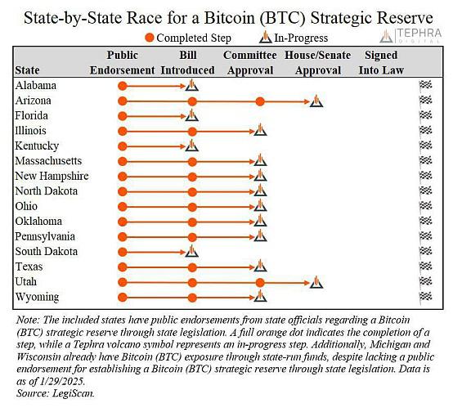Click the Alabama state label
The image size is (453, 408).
[36, 86]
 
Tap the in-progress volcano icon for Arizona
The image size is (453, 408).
[316, 101]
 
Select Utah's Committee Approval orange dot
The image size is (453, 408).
[260, 283]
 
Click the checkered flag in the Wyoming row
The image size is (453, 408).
[425, 297]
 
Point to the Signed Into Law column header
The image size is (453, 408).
[381, 63]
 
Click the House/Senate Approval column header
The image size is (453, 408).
[318, 63]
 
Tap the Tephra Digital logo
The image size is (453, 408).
[410, 36]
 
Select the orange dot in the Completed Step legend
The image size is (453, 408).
[150, 38]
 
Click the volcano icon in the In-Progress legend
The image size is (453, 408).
[265, 38]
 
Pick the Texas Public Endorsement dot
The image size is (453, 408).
[123, 267]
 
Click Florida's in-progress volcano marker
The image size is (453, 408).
[192, 115]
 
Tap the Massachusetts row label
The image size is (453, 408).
[48, 161]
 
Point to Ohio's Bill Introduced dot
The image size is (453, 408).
[192, 207]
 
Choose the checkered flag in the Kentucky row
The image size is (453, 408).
[425, 146]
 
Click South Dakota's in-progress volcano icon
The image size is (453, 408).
[192, 251]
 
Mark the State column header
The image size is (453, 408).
[27, 70]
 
